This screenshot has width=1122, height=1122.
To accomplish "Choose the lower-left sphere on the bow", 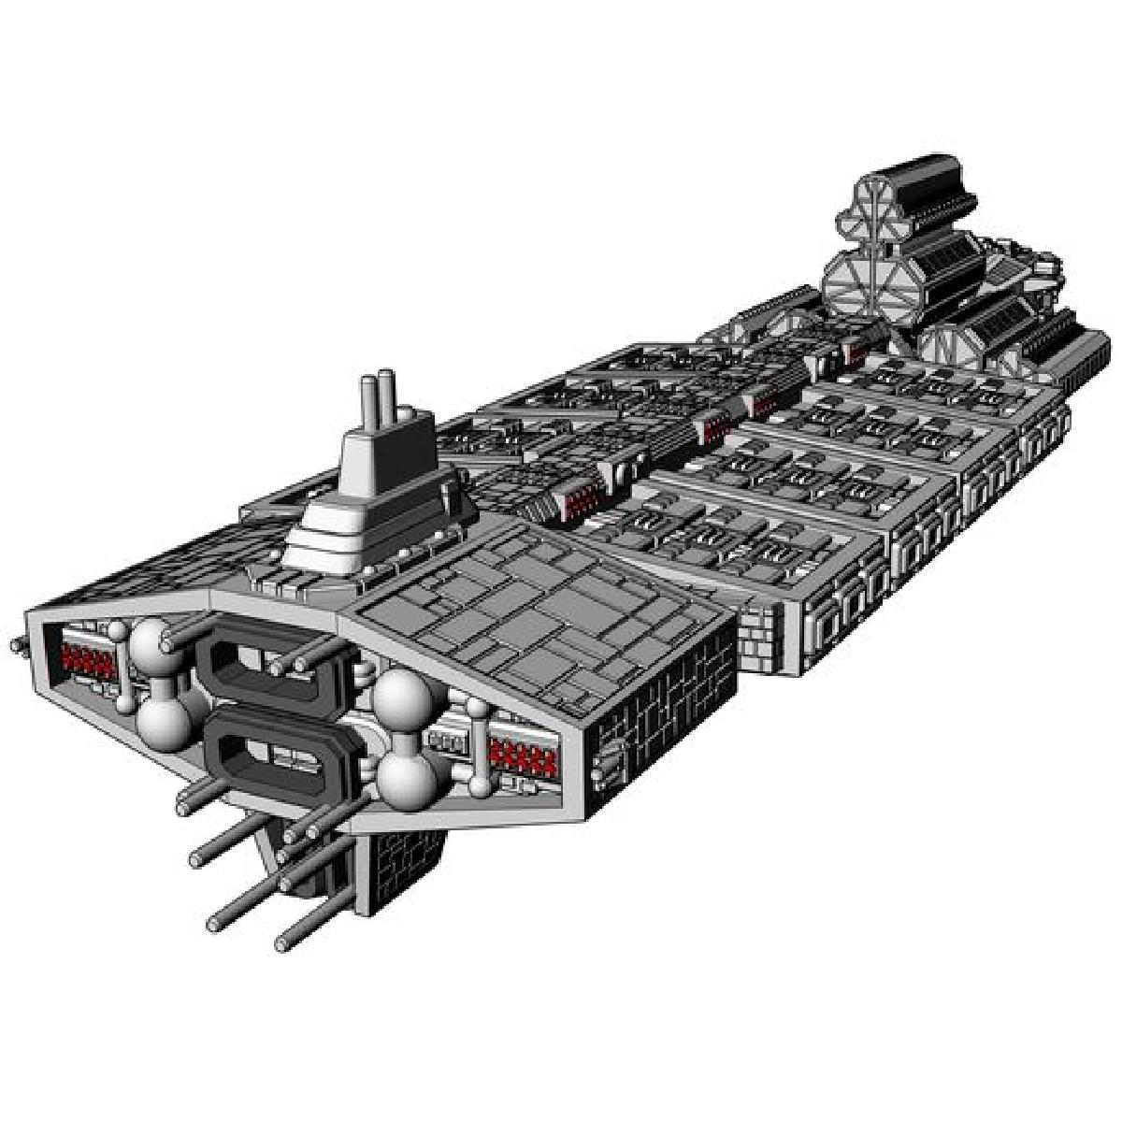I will click(x=164, y=720).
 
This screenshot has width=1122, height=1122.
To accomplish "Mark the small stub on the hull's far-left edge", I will click(x=16, y=645).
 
